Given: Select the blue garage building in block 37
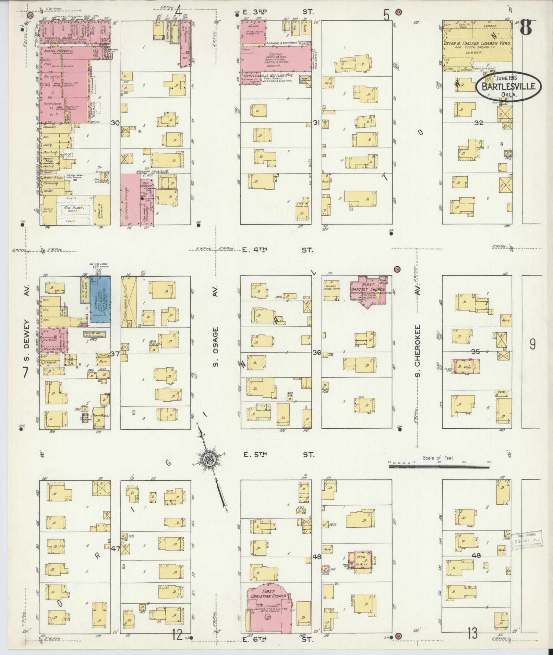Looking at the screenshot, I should coord(100,299).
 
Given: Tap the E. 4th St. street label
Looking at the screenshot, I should coord(278,250).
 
